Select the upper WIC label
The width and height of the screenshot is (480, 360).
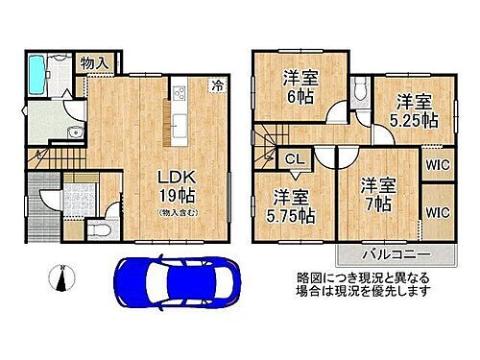point(440,163)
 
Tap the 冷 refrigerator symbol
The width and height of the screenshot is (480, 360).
point(218,84)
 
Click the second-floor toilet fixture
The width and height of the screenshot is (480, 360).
point(359,91)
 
